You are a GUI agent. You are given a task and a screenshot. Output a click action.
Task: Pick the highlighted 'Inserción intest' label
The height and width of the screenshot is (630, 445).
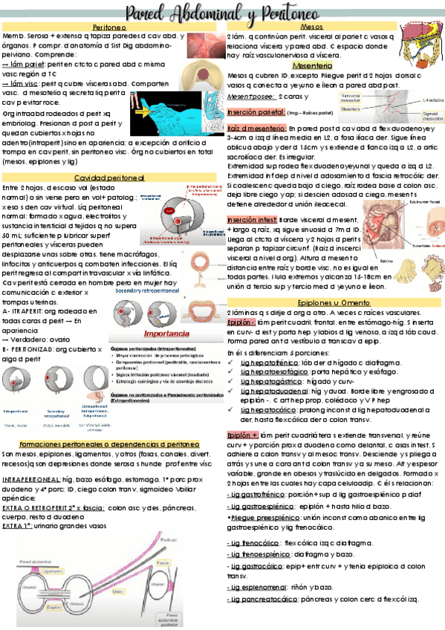(x=251, y=220)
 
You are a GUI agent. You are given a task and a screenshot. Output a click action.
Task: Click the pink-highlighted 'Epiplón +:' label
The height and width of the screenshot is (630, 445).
(x=242, y=435)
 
